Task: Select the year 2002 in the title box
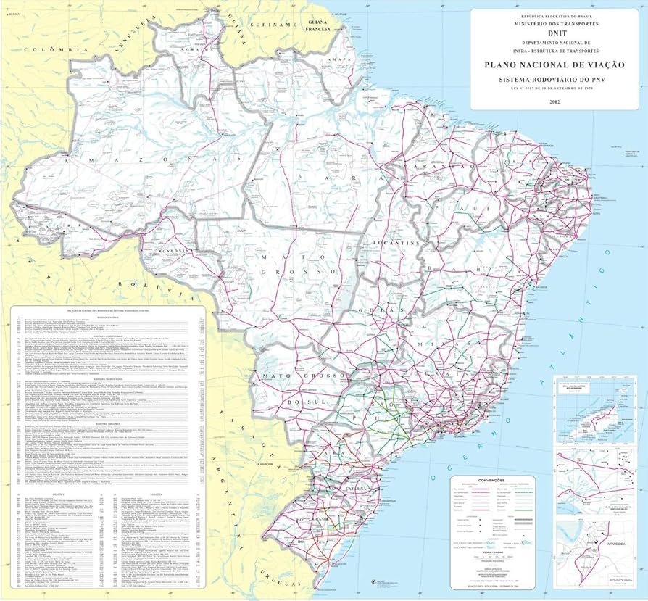[x=555, y=100]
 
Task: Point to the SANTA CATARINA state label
[x=349, y=489]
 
